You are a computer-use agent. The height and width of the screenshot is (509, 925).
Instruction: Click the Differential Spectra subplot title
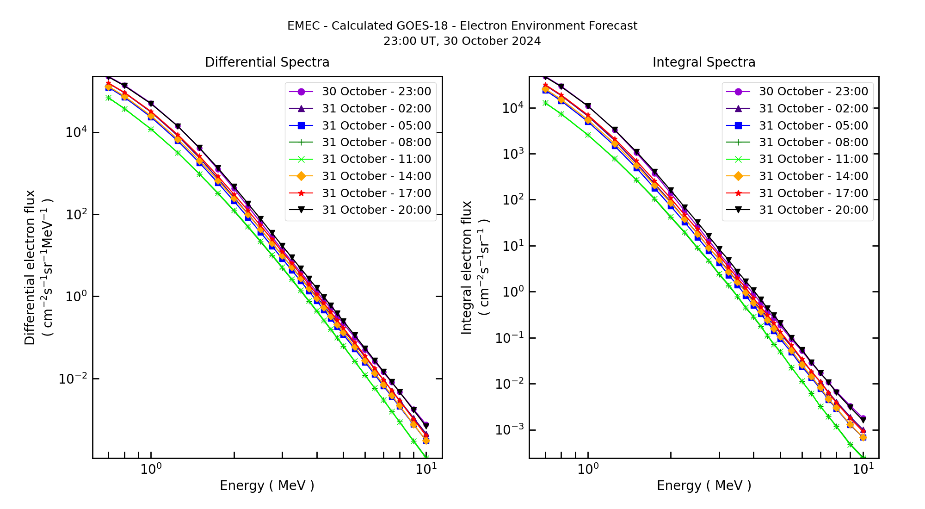(x=267, y=62)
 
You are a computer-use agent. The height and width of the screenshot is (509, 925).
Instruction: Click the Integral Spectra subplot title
(x=703, y=62)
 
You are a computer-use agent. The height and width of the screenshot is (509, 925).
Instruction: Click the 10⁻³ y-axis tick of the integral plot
(x=510, y=430)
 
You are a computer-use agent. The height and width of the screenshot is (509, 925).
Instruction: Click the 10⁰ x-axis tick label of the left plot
(x=151, y=469)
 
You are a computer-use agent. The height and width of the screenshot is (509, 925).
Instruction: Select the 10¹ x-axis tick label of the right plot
(x=863, y=469)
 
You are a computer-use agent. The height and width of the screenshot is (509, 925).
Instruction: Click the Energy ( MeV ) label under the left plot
(x=267, y=485)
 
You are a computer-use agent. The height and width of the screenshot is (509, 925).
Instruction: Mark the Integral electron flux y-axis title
(x=467, y=267)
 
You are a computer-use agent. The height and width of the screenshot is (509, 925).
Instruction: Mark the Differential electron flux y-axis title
(x=30, y=267)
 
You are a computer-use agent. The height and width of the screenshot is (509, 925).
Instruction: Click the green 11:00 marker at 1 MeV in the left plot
(x=151, y=129)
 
